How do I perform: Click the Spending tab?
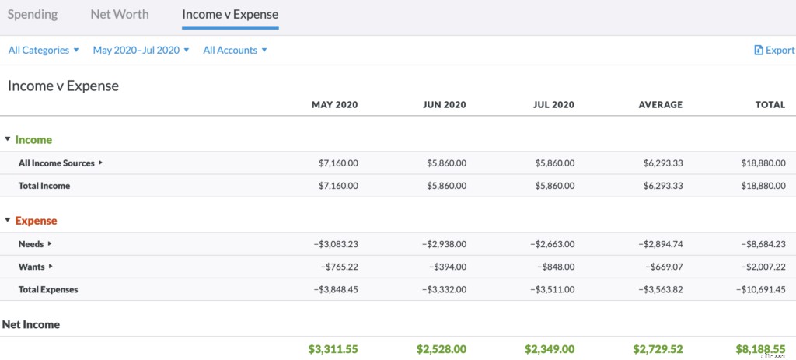(x=33, y=14)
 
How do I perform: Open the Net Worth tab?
(x=120, y=14)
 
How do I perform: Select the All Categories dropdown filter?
(x=44, y=50)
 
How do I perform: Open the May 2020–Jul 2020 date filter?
(x=141, y=50)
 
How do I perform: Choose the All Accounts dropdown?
(x=235, y=50)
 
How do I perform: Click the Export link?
(x=774, y=50)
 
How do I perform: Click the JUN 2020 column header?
(x=444, y=104)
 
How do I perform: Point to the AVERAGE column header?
(x=660, y=104)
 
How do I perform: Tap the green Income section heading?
(x=33, y=140)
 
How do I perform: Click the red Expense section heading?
(x=36, y=221)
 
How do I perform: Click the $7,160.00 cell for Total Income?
(x=338, y=186)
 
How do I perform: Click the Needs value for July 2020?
(x=553, y=244)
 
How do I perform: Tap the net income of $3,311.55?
(x=333, y=349)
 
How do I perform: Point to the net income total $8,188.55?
(x=760, y=349)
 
